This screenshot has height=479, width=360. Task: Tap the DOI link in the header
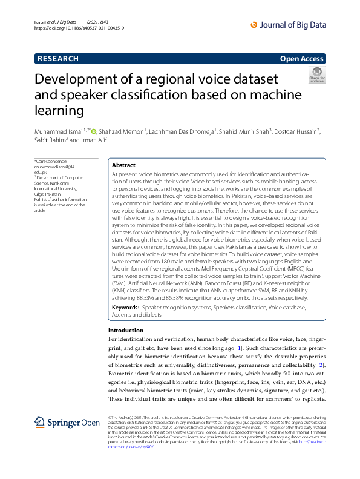tap(79, 28)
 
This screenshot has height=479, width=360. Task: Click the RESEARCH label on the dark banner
tap(58, 59)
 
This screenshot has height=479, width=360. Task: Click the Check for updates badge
tap(316, 76)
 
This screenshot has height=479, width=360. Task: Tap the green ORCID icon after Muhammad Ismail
tap(94, 130)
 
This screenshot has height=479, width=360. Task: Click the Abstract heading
tap(124, 165)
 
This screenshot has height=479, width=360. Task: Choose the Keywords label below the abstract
tap(125, 308)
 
